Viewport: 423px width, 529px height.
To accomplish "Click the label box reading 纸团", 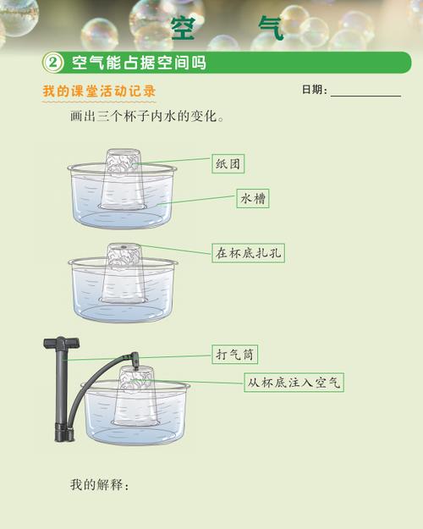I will [x=228, y=164].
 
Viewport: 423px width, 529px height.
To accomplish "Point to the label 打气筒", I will [x=235, y=354].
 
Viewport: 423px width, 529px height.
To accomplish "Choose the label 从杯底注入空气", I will [x=294, y=382].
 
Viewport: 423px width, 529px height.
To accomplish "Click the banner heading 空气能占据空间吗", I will [x=139, y=63].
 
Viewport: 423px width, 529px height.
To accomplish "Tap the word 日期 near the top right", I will [x=314, y=91].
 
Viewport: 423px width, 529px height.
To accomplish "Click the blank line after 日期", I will [x=365, y=93].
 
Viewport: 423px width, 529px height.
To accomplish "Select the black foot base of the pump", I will [x=62, y=438].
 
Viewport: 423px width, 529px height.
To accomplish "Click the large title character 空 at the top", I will [x=184, y=26].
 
